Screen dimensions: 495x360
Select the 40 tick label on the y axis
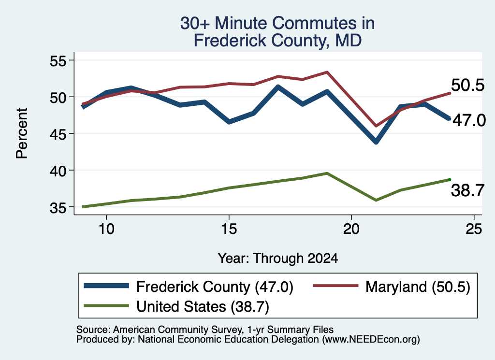(x=58, y=171)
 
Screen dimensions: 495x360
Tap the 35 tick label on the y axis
(x=58, y=208)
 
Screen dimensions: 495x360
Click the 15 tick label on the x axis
(x=229, y=229)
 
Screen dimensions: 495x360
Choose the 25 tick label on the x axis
(x=474, y=229)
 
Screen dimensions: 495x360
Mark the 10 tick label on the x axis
(x=106, y=229)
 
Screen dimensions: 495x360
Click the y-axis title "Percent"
(x=22, y=133)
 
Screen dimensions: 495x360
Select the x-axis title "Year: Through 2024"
(x=278, y=258)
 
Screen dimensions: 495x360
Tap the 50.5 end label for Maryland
(x=467, y=86)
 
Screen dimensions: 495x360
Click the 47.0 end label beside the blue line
(x=469, y=120)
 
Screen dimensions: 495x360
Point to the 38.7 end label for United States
(x=467, y=190)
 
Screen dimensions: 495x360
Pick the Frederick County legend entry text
(x=215, y=287)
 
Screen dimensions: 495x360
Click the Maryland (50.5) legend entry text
(x=418, y=287)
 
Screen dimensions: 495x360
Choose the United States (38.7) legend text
(x=203, y=307)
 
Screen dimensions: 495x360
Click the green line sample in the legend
(x=106, y=305)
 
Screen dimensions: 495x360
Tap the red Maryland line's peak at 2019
(x=327, y=72)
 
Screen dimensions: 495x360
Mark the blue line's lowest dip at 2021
(x=376, y=142)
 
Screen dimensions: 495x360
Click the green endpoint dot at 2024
(x=450, y=180)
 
